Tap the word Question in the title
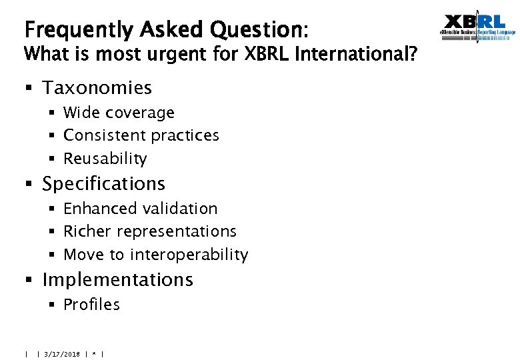(256, 31)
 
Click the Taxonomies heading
(97, 88)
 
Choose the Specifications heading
(103, 184)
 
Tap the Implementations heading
(117, 280)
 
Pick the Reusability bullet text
(105, 159)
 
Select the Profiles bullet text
(91, 305)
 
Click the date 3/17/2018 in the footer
(62, 354)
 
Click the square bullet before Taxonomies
(30, 88)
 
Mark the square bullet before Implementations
(30, 280)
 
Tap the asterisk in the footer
(95, 354)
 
